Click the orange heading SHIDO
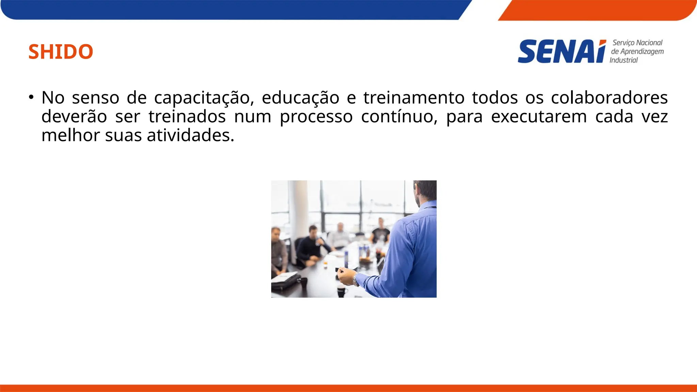61,52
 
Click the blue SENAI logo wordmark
562,52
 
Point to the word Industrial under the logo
623,60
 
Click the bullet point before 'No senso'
31,97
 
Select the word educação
301,98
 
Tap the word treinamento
414,98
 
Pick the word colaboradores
609,98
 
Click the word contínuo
399,117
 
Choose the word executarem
539,117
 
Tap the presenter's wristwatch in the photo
355,280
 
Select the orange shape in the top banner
596,10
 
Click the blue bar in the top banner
231,10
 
